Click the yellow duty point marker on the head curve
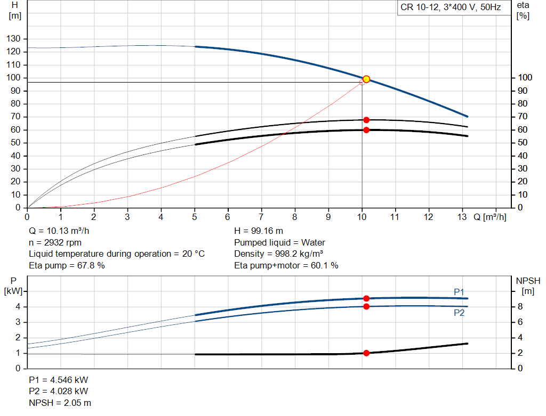[x=366, y=79]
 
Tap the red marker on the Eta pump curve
[x=366, y=120]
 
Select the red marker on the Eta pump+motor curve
[x=366, y=130]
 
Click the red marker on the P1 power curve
[x=366, y=299]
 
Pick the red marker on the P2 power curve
[x=366, y=306]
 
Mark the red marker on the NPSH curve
[x=366, y=353]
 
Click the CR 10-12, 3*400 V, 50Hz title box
[x=450, y=8]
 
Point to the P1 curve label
[x=459, y=291]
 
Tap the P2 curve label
[x=459, y=313]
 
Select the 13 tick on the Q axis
[x=463, y=217]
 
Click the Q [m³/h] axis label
[x=489, y=217]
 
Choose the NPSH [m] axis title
[x=528, y=286]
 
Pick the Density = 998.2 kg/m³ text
[x=279, y=254]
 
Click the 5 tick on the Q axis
[x=195, y=217]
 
